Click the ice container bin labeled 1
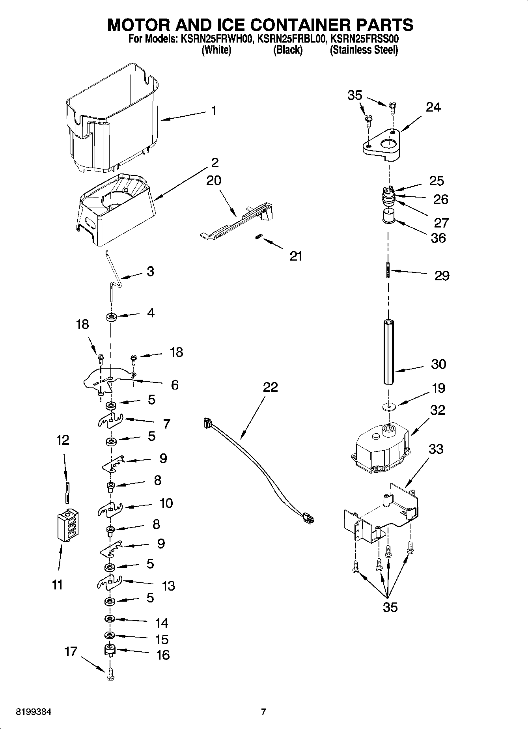[112, 118]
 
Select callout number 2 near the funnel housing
[215, 162]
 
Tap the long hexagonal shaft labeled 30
[388, 352]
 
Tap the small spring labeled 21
[259, 237]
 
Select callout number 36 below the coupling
[438, 238]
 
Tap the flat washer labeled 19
[389, 406]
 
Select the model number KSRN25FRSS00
[365, 39]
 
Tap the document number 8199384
[34, 712]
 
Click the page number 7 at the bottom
[263, 712]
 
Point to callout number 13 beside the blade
[168, 585]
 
